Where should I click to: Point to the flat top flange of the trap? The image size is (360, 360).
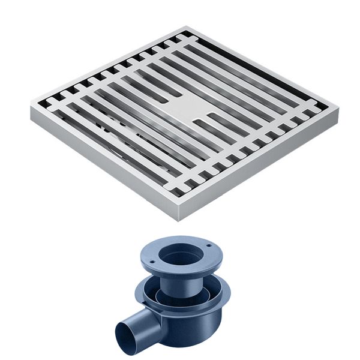point(207,258)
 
